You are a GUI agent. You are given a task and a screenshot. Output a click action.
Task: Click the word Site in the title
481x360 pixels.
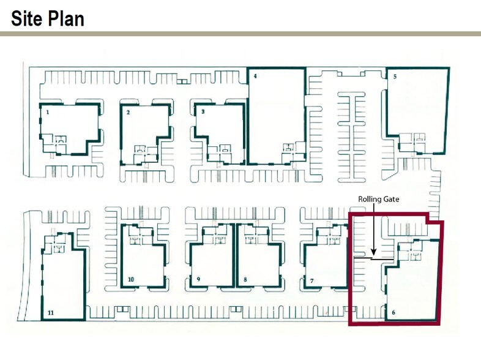pyautogui.click(x=26, y=18)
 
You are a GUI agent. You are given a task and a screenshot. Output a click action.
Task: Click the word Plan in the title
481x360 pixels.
pyautogui.click(x=65, y=18)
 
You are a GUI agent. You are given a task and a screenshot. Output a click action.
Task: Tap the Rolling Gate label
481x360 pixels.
pyautogui.click(x=379, y=199)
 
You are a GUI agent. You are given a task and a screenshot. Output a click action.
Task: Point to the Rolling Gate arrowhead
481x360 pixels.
pyautogui.click(x=374, y=252)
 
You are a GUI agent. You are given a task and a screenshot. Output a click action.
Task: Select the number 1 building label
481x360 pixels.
pyautogui.click(x=48, y=112)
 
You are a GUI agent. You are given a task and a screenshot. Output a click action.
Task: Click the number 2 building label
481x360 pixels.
pyautogui.click(x=129, y=112)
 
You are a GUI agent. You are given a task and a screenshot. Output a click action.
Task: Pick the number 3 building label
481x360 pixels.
pyautogui.click(x=203, y=111)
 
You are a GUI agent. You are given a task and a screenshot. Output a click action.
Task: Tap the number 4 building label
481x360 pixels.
pyautogui.click(x=255, y=76)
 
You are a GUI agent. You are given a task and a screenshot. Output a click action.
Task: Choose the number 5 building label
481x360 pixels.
pyautogui.click(x=395, y=77)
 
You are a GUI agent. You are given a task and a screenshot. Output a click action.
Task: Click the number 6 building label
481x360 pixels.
pyautogui.click(x=393, y=313)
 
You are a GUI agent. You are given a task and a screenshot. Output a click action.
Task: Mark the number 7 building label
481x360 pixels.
pyautogui.click(x=312, y=281)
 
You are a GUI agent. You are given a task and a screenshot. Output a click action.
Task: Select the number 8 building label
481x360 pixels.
pyautogui.click(x=245, y=280)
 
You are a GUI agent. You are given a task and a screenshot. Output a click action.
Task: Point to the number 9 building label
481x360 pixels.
pyautogui.click(x=198, y=279)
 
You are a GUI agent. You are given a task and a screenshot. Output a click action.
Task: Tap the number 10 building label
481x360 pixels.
pyautogui.click(x=131, y=279)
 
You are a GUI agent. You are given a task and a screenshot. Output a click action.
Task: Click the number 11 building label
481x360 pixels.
pyautogui.click(x=51, y=313)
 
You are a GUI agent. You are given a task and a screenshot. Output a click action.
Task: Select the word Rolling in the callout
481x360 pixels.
pyautogui.click(x=370, y=199)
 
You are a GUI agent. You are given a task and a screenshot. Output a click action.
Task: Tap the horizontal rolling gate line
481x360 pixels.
pyautogui.click(x=374, y=259)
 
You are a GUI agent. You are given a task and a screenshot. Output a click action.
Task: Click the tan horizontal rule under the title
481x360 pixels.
pyautogui.click(x=240, y=34)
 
